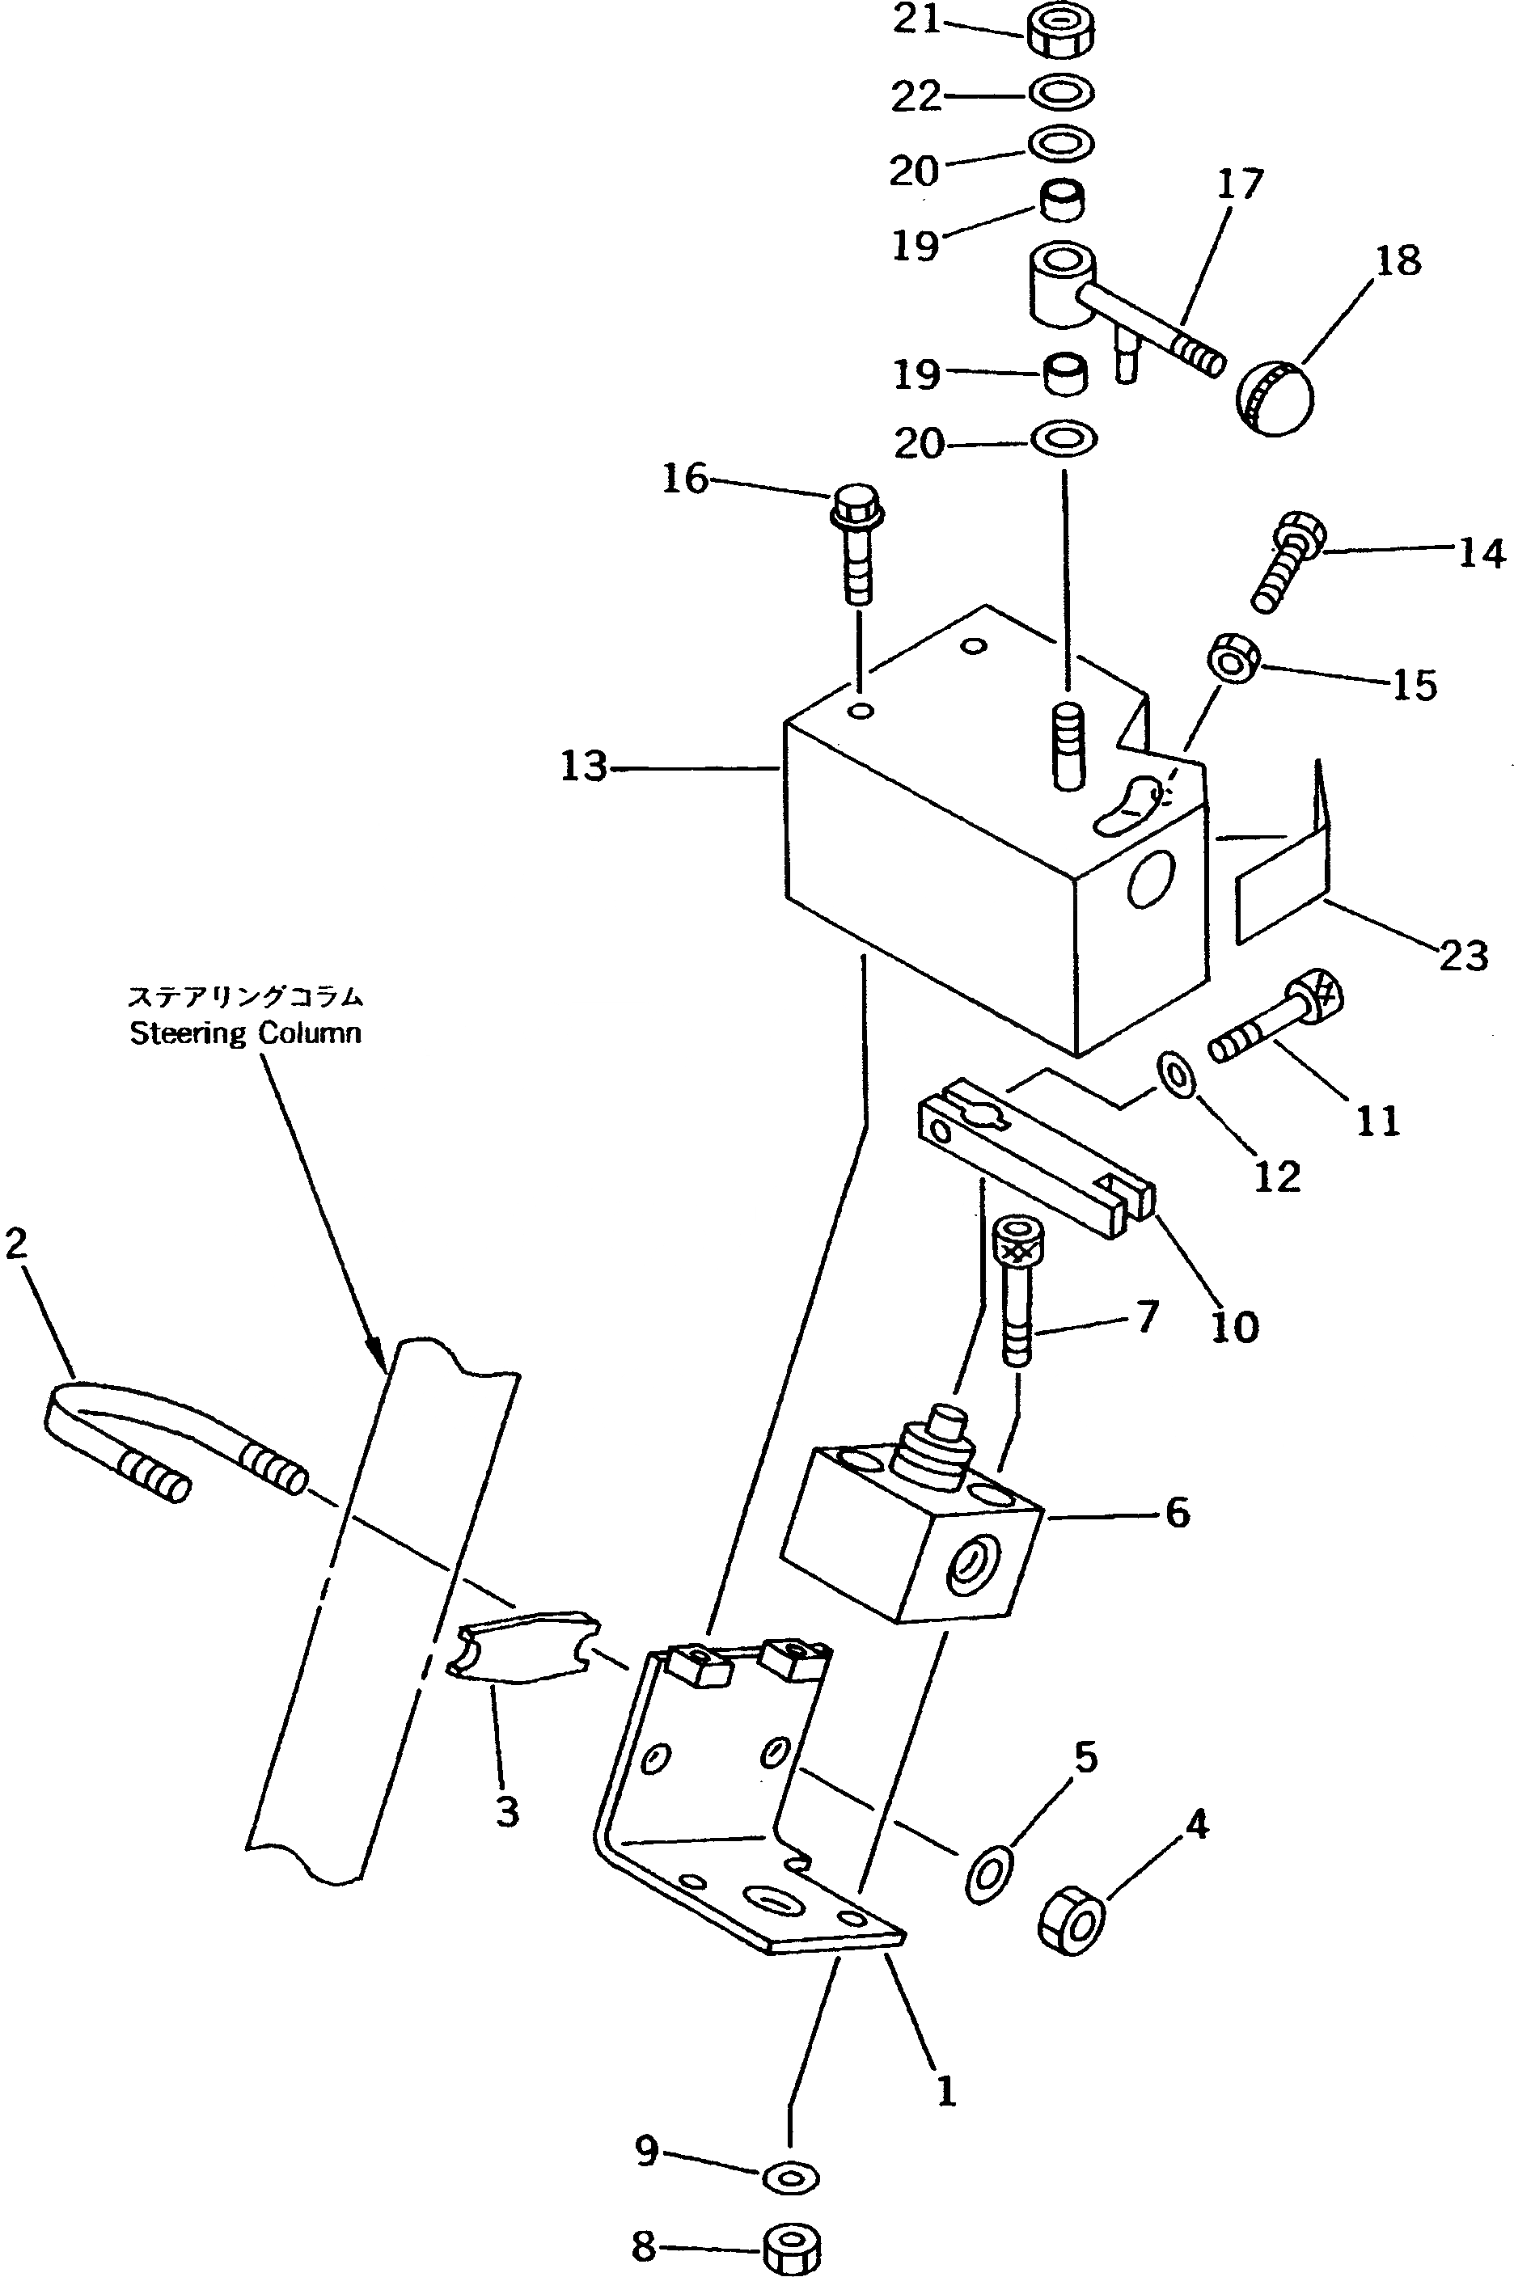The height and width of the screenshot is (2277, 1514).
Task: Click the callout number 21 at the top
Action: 916,20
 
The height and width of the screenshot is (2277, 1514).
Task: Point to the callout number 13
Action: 583,767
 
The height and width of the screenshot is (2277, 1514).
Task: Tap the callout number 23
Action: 1464,955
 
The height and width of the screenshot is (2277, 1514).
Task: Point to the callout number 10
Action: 1235,1327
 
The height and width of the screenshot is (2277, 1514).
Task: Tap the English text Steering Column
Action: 245,1033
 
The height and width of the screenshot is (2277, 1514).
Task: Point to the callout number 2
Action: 16,1245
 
